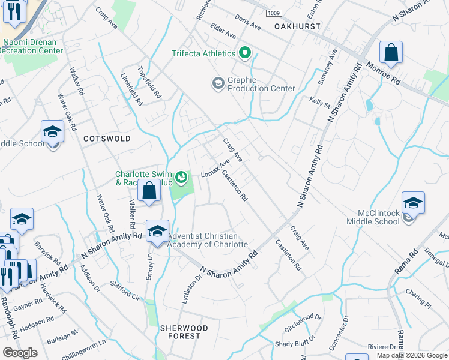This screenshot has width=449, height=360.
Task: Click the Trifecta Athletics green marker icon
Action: coord(244,53)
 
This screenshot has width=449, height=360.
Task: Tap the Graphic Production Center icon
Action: coord(217,83)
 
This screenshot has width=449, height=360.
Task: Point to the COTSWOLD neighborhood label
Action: coord(107,139)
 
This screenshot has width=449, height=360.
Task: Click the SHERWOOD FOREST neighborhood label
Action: coord(184,332)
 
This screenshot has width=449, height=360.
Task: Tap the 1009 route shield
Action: coord(273,13)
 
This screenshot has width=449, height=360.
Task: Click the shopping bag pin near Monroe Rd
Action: coord(391,53)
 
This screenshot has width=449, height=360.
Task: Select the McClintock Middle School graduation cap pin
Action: coord(413,204)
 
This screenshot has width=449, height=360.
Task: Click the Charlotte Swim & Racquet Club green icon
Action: coord(181,178)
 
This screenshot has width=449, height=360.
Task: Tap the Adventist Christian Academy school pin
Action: coord(157,232)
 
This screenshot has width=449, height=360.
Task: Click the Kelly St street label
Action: coord(319,103)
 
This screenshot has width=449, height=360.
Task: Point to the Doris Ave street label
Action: coord(248,22)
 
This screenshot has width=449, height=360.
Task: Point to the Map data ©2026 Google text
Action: coord(411,355)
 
